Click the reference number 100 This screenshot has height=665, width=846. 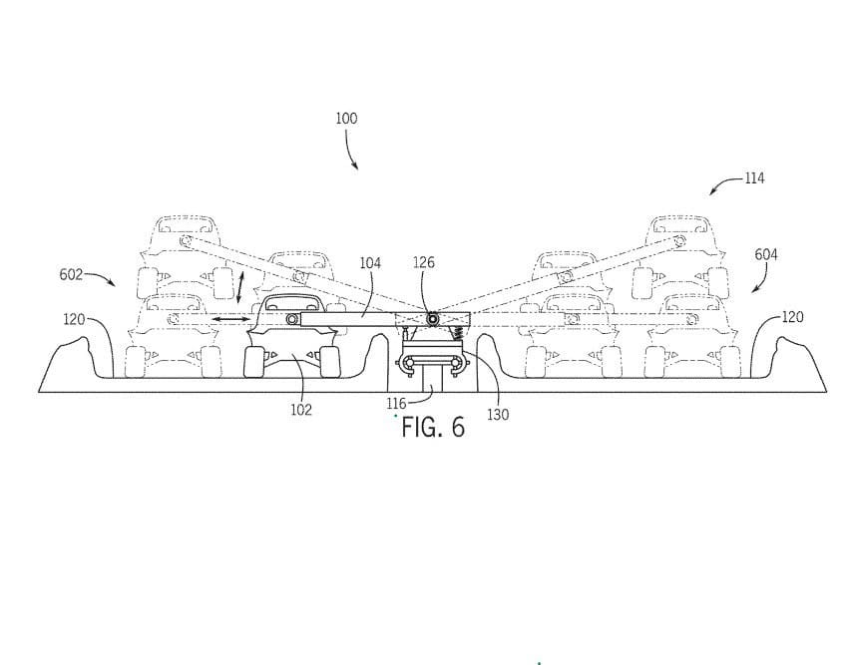(x=346, y=118)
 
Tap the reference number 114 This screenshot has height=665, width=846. (x=754, y=178)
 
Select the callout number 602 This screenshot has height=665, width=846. (x=71, y=274)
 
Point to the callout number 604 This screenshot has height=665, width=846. (x=766, y=254)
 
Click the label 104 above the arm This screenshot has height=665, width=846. (x=370, y=262)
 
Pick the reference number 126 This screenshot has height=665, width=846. (x=424, y=262)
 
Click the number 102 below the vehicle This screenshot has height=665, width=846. (x=301, y=410)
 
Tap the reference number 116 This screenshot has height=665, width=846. (x=396, y=404)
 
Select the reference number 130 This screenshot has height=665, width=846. (x=498, y=414)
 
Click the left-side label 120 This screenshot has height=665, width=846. (x=74, y=319)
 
